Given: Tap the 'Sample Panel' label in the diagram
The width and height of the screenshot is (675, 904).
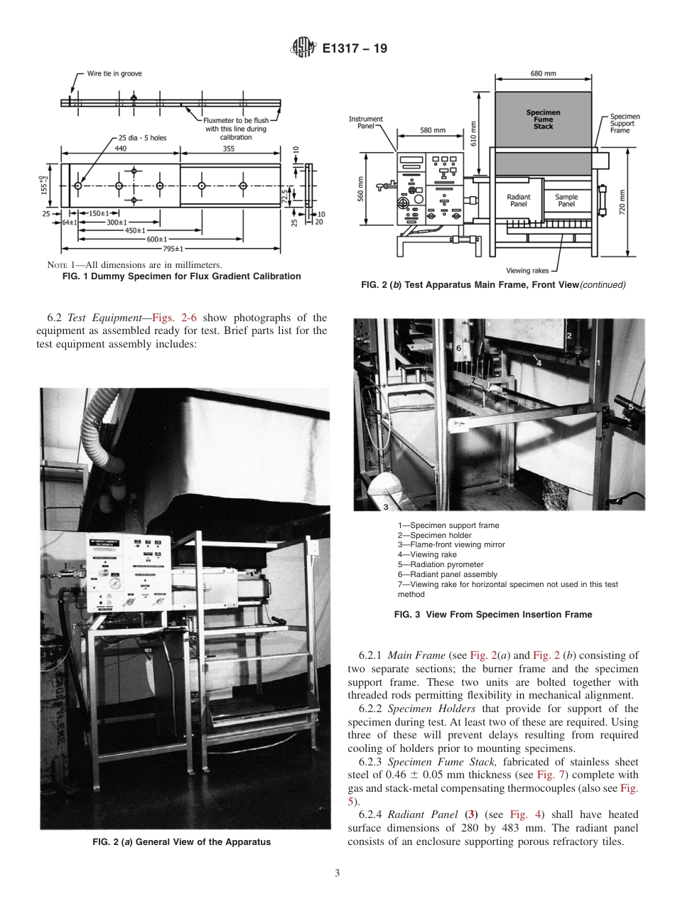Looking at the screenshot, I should pos(566,200).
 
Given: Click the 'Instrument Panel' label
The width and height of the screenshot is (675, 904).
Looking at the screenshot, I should pos(366,122).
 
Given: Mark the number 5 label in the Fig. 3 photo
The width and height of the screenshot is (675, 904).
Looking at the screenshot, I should pos(630,406).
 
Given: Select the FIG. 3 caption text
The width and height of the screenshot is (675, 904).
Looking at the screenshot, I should pos(492,615).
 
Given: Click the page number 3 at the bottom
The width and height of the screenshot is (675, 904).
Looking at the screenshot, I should pos(337,873).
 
